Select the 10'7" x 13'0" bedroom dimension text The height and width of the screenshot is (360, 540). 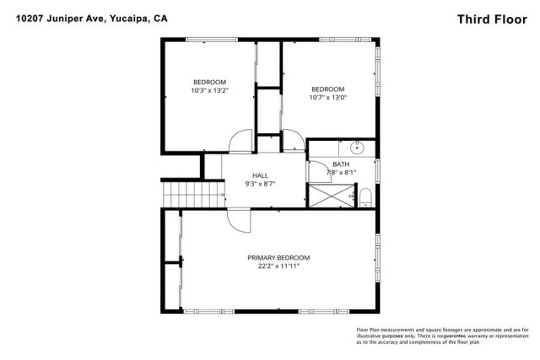pyautogui.click(x=327, y=97)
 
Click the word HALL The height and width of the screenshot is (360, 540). pyautogui.click(x=259, y=175)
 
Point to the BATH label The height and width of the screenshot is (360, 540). pyautogui.click(x=341, y=164)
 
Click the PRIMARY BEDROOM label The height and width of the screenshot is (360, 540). pyautogui.click(x=278, y=257)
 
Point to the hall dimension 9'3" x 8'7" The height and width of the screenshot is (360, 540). pyautogui.click(x=259, y=184)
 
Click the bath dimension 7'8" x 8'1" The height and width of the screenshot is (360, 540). pyautogui.click(x=342, y=173)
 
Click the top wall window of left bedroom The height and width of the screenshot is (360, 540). pyautogui.click(x=208, y=40)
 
